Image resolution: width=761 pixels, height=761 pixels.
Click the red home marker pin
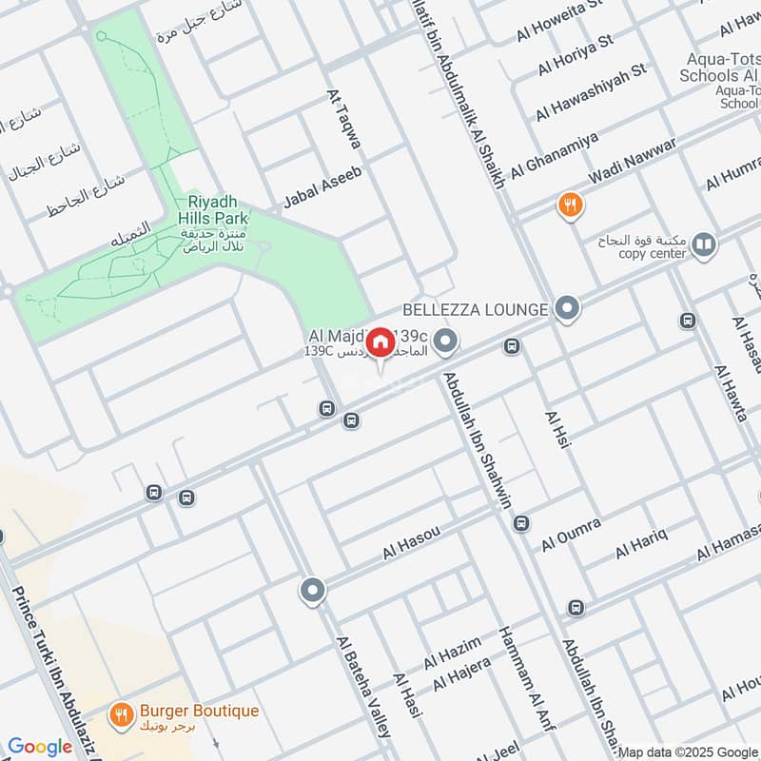pyautogui.click(x=380, y=342)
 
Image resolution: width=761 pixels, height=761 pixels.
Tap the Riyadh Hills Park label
pyautogui.click(x=211, y=210)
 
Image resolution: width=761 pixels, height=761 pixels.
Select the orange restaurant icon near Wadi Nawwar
pyautogui.click(x=570, y=205)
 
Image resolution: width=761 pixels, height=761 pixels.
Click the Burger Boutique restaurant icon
pyautogui.click(x=121, y=713)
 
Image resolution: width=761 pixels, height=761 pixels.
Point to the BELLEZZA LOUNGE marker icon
pyautogui.click(x=568, y=308)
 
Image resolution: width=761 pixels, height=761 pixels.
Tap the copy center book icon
pyautogui.click(x=703, y=246)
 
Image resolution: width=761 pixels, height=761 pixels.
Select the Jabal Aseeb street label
pyautogui.click(x=322, y=188)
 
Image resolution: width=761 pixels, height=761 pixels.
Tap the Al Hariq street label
pyautogui.click(x=641, y=541)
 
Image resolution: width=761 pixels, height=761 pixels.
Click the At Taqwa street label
pyautogui.click(x=344, y=119)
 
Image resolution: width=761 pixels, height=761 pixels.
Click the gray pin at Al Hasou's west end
pyautogui.click(x=312, y=591)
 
